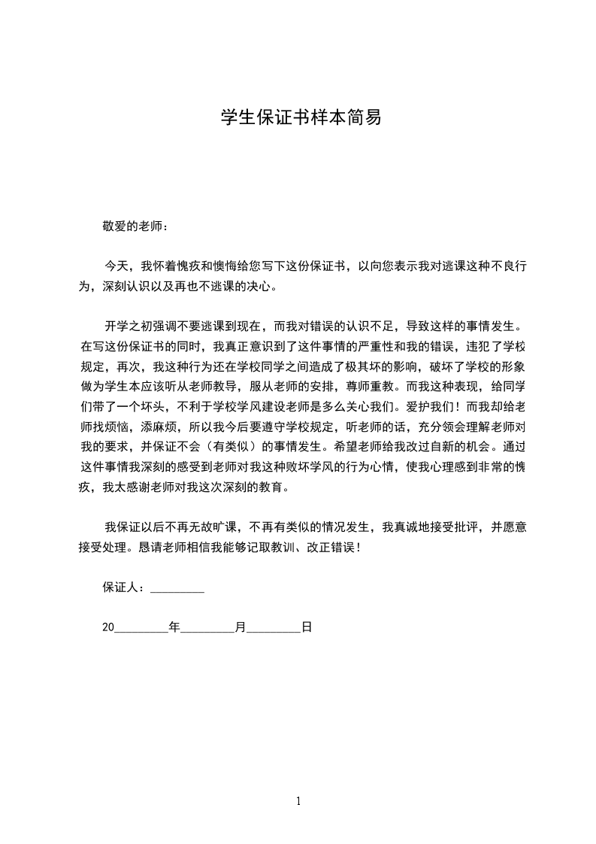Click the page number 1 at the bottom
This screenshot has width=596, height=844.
tap(299, 801)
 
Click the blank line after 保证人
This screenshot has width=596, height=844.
tap(177, 589)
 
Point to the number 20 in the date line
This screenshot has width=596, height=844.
tap(107, 626)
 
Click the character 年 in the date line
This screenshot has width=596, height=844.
tap(174, 626)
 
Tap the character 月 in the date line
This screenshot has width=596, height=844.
tap(241, 626)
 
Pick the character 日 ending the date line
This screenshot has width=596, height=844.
tap(307, 626)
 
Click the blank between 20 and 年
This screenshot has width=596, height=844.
tap(141, 628)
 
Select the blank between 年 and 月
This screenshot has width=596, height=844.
tap(207, 628)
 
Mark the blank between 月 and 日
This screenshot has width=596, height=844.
tap(274, 628)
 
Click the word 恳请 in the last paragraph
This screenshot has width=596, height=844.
tap(151, 548)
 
